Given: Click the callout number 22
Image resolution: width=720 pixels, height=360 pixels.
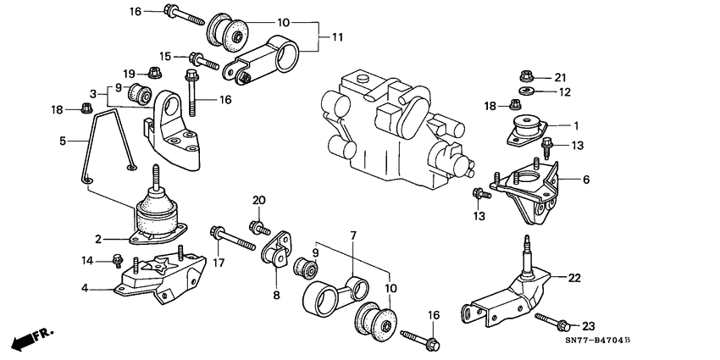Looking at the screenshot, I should (x=574, y=277).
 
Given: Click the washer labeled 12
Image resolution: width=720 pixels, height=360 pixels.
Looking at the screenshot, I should (x=525, y=91).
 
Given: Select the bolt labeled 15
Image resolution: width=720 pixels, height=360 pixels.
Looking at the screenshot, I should (x=204, y=60).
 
